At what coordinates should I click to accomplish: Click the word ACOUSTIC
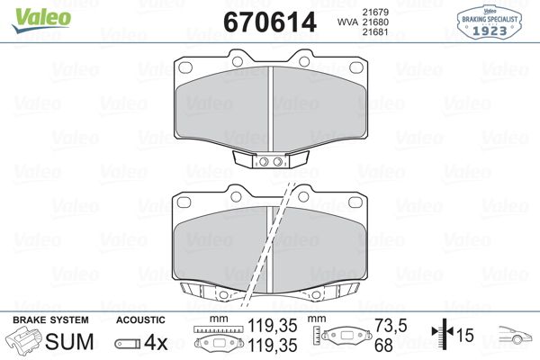pos(141,320)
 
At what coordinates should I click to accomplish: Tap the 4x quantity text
pos(157,342)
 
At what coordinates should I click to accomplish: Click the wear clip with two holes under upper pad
pos(270,162)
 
